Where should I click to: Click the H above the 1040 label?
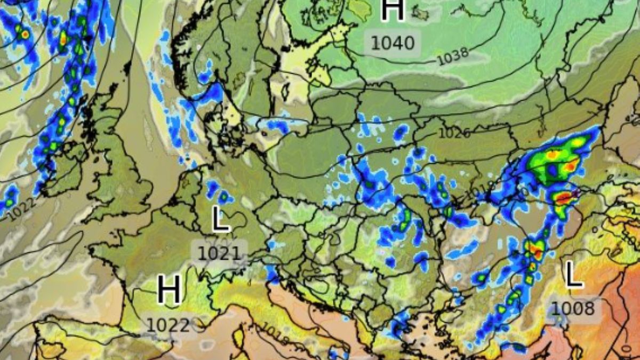click(x=393, y=11)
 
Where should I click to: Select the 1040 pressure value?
click(x=393, y=43)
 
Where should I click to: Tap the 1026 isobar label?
click(x=454, y=132)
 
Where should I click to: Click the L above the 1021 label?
click(x=221, y=220)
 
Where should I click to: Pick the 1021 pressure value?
click(x=219, y=253)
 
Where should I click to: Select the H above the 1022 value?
click(x=169, y=291)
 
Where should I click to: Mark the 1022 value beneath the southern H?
click(x=168, y=325)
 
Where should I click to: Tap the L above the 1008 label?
click(x=573, y=275)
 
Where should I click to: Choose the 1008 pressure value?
click(x=573, y=308)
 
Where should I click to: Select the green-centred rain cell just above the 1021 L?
click(x=223, y=197)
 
